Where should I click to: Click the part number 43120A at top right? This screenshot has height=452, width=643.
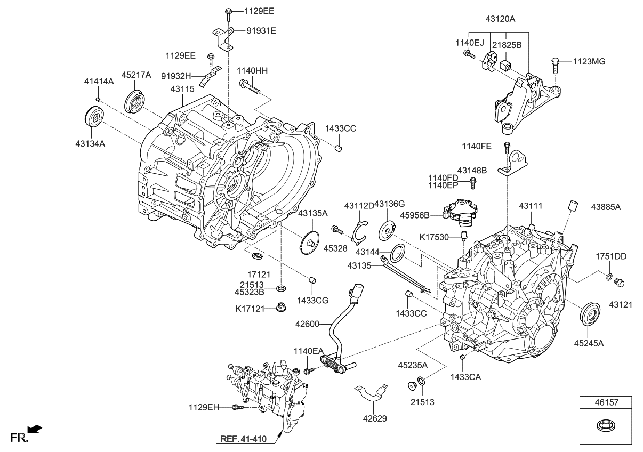(x=500, y=19)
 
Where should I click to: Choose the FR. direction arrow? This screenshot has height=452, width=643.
(x=35, y=429)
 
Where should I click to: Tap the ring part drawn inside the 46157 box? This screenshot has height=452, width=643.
(x=606, y=426)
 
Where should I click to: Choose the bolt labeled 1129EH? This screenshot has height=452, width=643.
(x=237, y=408)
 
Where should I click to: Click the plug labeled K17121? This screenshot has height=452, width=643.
(x=279, y=308)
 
